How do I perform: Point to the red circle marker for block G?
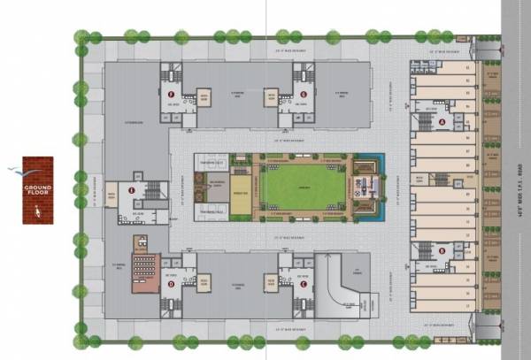tap(304, 94)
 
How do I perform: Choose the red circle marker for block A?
tap(442, 121)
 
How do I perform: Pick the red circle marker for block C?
tap(304, 284)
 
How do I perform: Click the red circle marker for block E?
tap(132, 189)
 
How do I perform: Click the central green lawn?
tap(304, 188)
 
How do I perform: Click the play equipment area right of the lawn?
tap(365, 188)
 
